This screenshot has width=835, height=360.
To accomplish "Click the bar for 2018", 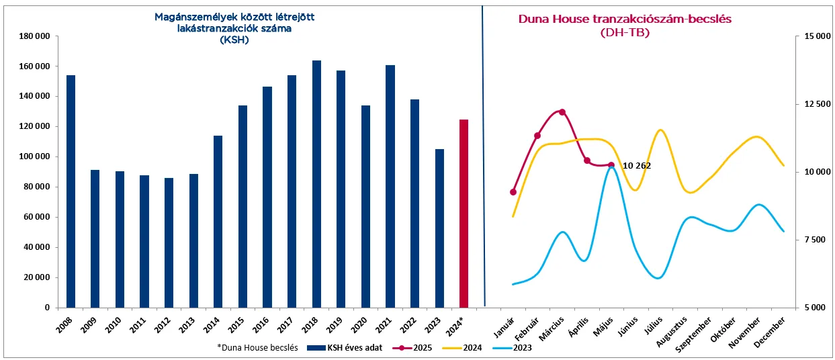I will [x=316, y=184].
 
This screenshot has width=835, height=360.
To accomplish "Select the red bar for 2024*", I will [x=464, y=213].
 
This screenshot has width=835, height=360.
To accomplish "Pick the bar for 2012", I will [x=169, y=242].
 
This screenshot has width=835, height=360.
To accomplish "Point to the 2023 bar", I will [x=439, y=228].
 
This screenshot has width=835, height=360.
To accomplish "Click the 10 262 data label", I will [x=637, y=165].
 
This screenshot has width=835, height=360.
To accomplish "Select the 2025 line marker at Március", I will [x=562, y=112].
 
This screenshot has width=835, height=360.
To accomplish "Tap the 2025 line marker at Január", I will [x=513, y=192].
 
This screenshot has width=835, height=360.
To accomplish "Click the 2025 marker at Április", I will [x=586, y=161].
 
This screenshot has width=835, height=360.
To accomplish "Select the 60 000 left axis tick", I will [x=36, y=217].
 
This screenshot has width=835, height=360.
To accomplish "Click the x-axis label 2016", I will [x=260, y=325].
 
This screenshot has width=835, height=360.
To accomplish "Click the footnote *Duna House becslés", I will [x=257, y=349].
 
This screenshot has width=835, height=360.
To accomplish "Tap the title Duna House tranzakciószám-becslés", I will [x=625, y=19].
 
